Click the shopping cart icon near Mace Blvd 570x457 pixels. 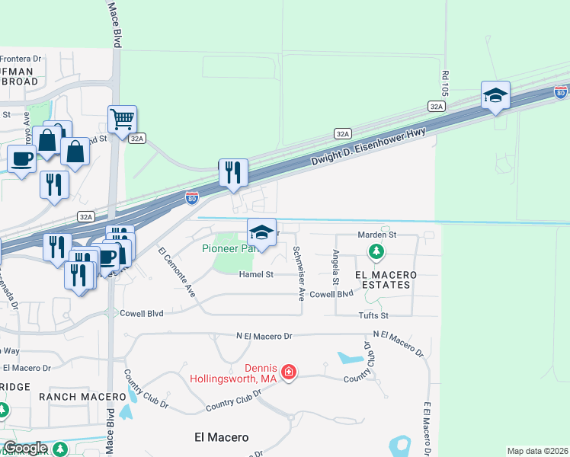click(122, 119)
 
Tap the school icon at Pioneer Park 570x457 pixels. click(261, 232)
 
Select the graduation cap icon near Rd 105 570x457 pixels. click(495, 95)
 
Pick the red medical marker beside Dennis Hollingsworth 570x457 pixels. click(289, 372)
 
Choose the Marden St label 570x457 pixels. click(374, 235)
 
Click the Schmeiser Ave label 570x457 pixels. click(299, 273)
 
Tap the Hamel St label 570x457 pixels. click(255, 274)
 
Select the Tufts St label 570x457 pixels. click(373, 315)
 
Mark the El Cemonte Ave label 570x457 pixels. click(177, 272)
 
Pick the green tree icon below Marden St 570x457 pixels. click(376, 251)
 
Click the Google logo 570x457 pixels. click(24, 448)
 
